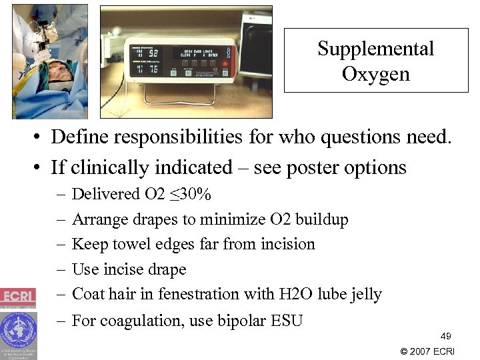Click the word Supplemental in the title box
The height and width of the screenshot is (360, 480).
click(x=375, y=49)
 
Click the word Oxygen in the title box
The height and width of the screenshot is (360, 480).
click(x=375, y=73)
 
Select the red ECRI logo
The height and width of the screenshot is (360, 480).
click(x=18, y=295)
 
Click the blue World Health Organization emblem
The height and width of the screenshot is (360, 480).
click(x=18, y=329)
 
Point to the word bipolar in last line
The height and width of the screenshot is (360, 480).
click(x=242, y=321)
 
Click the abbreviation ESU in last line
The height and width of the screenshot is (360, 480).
click(x=287, y=321)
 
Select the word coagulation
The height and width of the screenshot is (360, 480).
click(x=151, y=321)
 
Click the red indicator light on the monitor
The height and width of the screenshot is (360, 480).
click(x=227, y=65)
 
